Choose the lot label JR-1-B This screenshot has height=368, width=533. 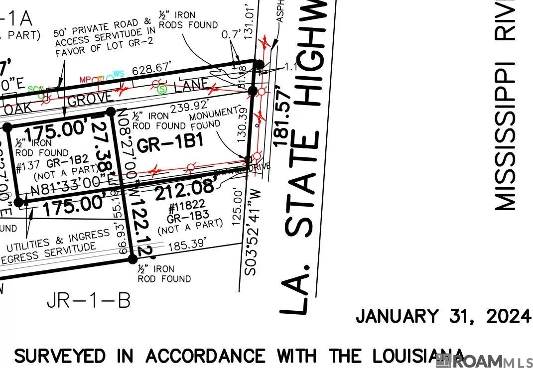89,300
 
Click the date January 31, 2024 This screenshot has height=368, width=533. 443,316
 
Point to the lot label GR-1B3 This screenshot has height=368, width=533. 187,218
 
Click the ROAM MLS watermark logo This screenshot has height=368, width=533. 483,361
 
